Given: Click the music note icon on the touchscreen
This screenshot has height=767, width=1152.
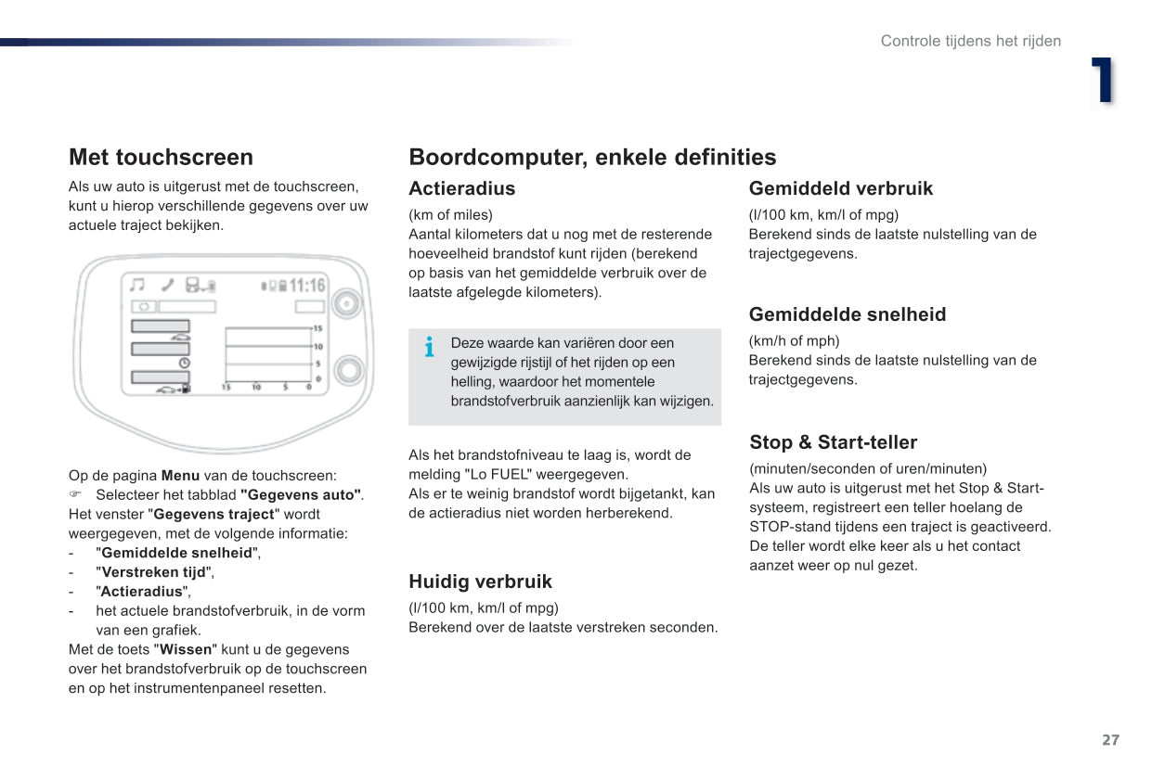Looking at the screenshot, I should (137, 286).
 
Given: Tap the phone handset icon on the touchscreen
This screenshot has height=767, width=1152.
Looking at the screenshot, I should (166, 286).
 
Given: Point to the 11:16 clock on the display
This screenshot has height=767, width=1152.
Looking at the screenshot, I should (307, 286).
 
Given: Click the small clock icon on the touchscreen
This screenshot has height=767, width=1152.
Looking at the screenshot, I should (184, 363).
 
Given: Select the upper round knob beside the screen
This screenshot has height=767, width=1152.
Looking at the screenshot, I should (348, 303).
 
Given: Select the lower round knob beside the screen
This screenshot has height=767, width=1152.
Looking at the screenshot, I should (349, 370).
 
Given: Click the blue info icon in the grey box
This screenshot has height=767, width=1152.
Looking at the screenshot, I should (429, 348).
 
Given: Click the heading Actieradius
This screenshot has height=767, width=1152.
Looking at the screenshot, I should (461, 188).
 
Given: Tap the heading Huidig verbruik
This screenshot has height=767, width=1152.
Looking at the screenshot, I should (480, 582).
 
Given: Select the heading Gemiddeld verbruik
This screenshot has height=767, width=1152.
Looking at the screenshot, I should (840, 188).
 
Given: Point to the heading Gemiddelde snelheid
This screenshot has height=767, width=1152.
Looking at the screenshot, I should (848, 314).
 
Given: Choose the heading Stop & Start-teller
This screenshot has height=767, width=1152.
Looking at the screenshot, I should (833, 442).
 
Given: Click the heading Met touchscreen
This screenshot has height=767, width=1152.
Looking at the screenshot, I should (161, 157).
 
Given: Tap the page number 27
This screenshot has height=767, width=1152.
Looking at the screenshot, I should (1110, 740).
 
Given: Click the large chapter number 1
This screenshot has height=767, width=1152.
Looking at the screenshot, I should (1102, 81).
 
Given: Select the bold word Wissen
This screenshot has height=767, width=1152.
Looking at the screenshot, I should (186, 649).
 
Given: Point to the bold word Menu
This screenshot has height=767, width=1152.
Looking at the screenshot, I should (180, 476).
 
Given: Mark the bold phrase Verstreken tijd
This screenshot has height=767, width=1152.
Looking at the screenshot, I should (153, 572).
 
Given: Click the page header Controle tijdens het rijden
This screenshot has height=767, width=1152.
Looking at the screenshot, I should (970, 41).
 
